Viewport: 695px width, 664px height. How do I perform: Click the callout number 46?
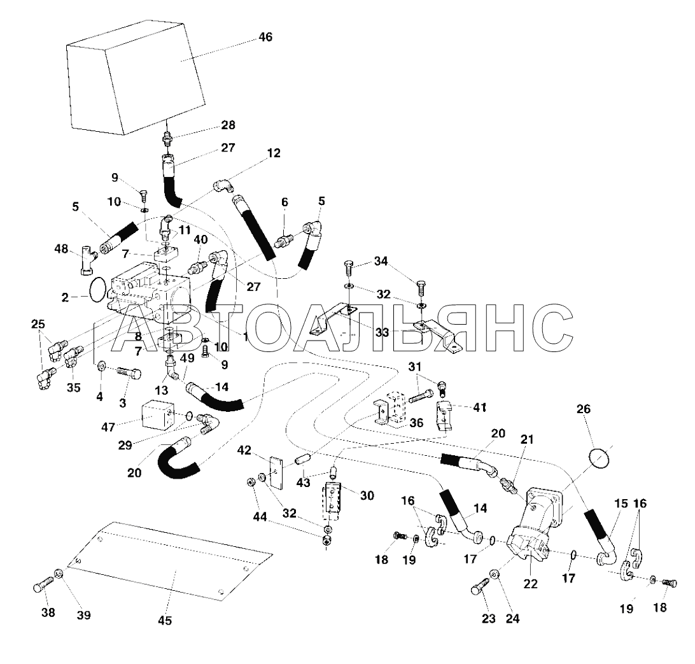(265, 37)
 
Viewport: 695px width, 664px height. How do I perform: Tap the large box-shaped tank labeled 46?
(136, 77)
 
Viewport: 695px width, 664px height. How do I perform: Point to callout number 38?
(48, 612)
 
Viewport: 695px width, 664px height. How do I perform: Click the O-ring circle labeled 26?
(598, 459)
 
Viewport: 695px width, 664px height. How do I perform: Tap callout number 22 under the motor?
(530, 584)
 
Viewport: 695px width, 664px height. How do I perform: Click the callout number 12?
(274, 153)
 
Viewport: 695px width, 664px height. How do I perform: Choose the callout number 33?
(382, 332)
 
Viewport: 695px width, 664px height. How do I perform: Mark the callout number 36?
(416, 423)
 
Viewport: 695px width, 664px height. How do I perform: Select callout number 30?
(367, 495)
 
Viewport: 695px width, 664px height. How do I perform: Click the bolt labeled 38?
(43, 585)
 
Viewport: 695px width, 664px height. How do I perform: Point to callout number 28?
(228, 125)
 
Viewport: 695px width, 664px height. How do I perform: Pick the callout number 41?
(480, 407)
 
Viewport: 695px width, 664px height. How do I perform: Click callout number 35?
(73, 388)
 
